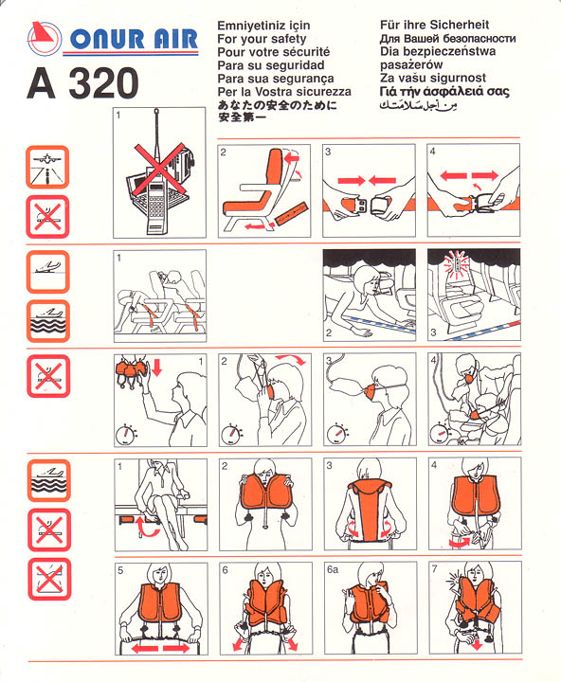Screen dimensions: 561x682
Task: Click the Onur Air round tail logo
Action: pyautogui.click(x=45, y=38)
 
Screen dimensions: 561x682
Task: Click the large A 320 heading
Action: pyautogui.click(x=82, y=83)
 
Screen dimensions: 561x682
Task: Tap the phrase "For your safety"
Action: pyautogui.click(x=262, y=39)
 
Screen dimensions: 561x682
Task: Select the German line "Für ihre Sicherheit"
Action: pyautogui.click(x=434, y=25)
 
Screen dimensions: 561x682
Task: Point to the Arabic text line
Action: pyautogui.click(x=418, y=105)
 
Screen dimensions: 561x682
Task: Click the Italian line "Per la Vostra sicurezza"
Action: pyautogui.click(x=284, y=92)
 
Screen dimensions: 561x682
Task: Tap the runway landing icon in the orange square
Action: pyautogui.click(x=47, y=168)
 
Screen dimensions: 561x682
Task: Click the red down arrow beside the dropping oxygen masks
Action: pyautogui.click(x=157, y=368)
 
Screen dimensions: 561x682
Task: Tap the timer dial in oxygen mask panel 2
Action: pyautogui.click(x=230, y=433)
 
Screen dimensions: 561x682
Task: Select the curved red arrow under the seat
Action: pyautogui.click(x=148, y=527)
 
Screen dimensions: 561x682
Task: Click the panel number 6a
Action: pyautogui.click(x=333, y=570)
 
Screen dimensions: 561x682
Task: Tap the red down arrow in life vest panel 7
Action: pyautogui.click(x=477, y=643)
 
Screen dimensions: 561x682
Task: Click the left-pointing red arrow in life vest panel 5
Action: pyautogui.click(x=144, y=648)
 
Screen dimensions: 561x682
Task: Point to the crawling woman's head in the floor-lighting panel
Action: pyautogui.click(x=367, y=279)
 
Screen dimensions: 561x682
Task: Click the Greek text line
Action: pyautogui.click(x=444, y=92)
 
